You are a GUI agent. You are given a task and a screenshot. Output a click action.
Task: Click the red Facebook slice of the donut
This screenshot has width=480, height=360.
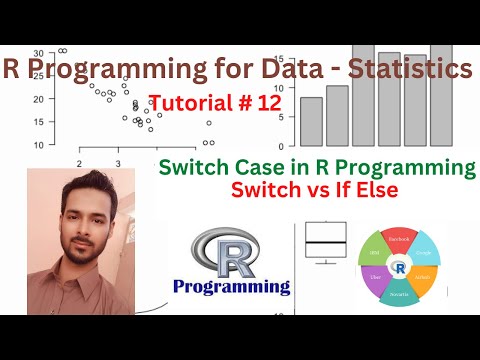click(x=399, y=240)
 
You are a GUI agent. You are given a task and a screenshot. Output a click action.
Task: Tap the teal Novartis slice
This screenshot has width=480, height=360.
click(x=398, y=293)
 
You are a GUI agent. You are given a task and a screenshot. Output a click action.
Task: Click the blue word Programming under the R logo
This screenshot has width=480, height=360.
click(x=231, y=288)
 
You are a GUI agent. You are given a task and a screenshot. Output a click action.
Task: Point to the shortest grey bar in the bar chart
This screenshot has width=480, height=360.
click(x=312, y=122)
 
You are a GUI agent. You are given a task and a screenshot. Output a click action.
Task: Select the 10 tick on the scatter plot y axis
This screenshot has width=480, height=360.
click(x=38, y=145)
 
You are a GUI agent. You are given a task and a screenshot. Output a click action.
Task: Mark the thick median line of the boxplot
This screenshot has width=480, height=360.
click(x=326, y=242)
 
